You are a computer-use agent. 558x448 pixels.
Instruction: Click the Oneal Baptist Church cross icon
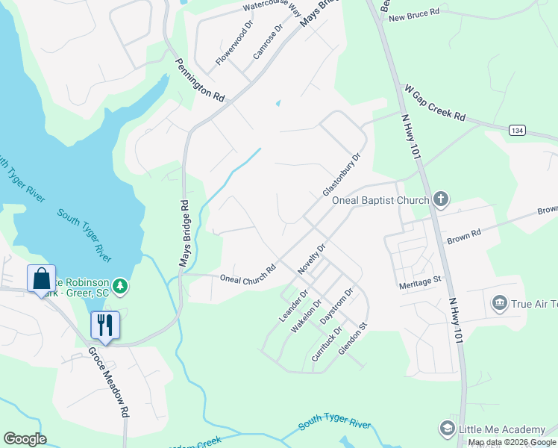point(441,199)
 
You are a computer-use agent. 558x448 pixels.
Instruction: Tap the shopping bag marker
point(42,279)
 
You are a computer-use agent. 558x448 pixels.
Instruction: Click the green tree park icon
point(119,286)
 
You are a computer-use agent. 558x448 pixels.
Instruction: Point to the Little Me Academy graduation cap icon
point(447,429)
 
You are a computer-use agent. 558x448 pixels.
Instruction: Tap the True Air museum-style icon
point(499,302)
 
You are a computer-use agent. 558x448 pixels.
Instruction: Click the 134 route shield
point(517,130)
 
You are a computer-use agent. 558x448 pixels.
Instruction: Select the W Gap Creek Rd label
point(434,103)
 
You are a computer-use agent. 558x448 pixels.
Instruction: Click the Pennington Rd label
point(199,81)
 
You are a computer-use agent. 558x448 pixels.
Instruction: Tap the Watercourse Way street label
point(273,7)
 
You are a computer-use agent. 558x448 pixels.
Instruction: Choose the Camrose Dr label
point(268,42)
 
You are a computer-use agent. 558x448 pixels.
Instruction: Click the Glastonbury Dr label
point(341,175)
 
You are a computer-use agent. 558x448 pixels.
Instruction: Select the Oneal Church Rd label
point(248,274)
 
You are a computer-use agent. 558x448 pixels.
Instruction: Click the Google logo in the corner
point(25,439)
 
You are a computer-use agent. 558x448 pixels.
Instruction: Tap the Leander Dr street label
point(289,306)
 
